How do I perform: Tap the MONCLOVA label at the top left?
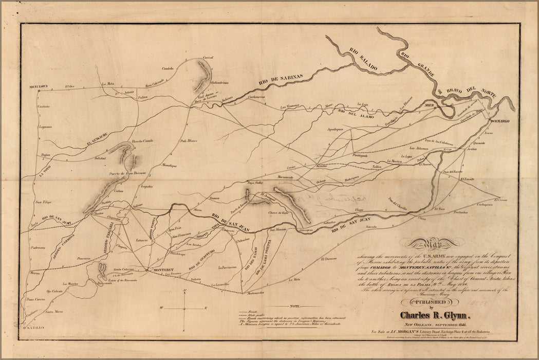[x=39, y=86]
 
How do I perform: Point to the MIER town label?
[x=429, y=104]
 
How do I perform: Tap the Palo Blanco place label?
[x=189, y=140]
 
